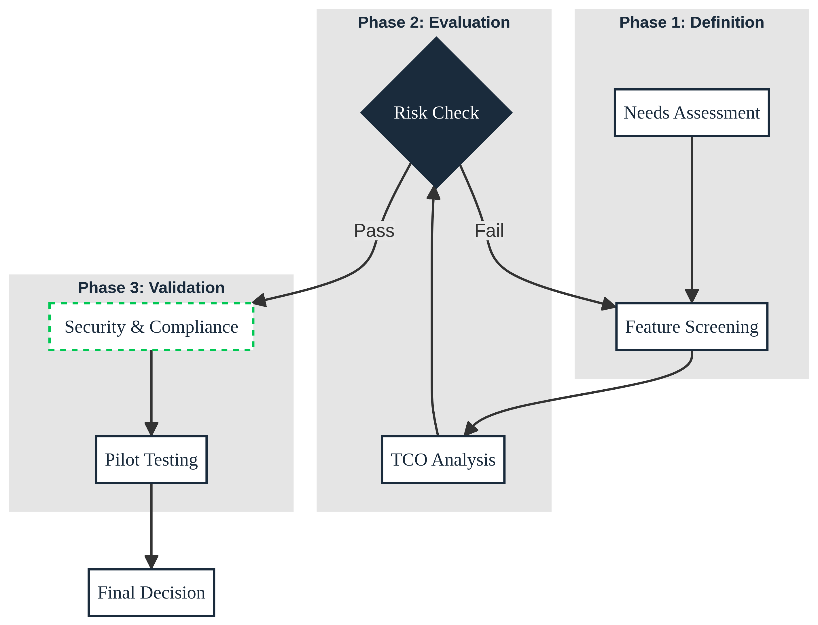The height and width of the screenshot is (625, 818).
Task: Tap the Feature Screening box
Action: point(691,327)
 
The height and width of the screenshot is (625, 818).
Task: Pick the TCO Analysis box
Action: point(443,460)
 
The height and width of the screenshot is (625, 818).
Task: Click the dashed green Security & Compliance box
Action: point(151,327)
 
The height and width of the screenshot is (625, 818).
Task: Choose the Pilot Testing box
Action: point(151,460)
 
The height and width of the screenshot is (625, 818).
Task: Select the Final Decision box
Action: point(151,593)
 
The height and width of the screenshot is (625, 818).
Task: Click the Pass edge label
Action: point(374,231)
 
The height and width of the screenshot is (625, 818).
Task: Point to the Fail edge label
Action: point(489,231)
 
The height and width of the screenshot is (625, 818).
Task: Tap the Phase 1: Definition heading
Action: point(691,22)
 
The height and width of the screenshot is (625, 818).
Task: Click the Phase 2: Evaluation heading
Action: point(434,22)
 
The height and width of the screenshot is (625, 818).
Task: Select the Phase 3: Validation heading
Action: point(151,287)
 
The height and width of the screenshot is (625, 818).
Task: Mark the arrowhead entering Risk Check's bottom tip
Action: point(434,193)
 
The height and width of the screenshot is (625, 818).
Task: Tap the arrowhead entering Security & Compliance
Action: point(260,300)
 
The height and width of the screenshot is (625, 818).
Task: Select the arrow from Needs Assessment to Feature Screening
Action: point(691,216)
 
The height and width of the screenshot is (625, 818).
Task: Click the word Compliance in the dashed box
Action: point(194,327)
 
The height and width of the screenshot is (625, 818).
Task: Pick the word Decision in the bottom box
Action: point(173,593)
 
